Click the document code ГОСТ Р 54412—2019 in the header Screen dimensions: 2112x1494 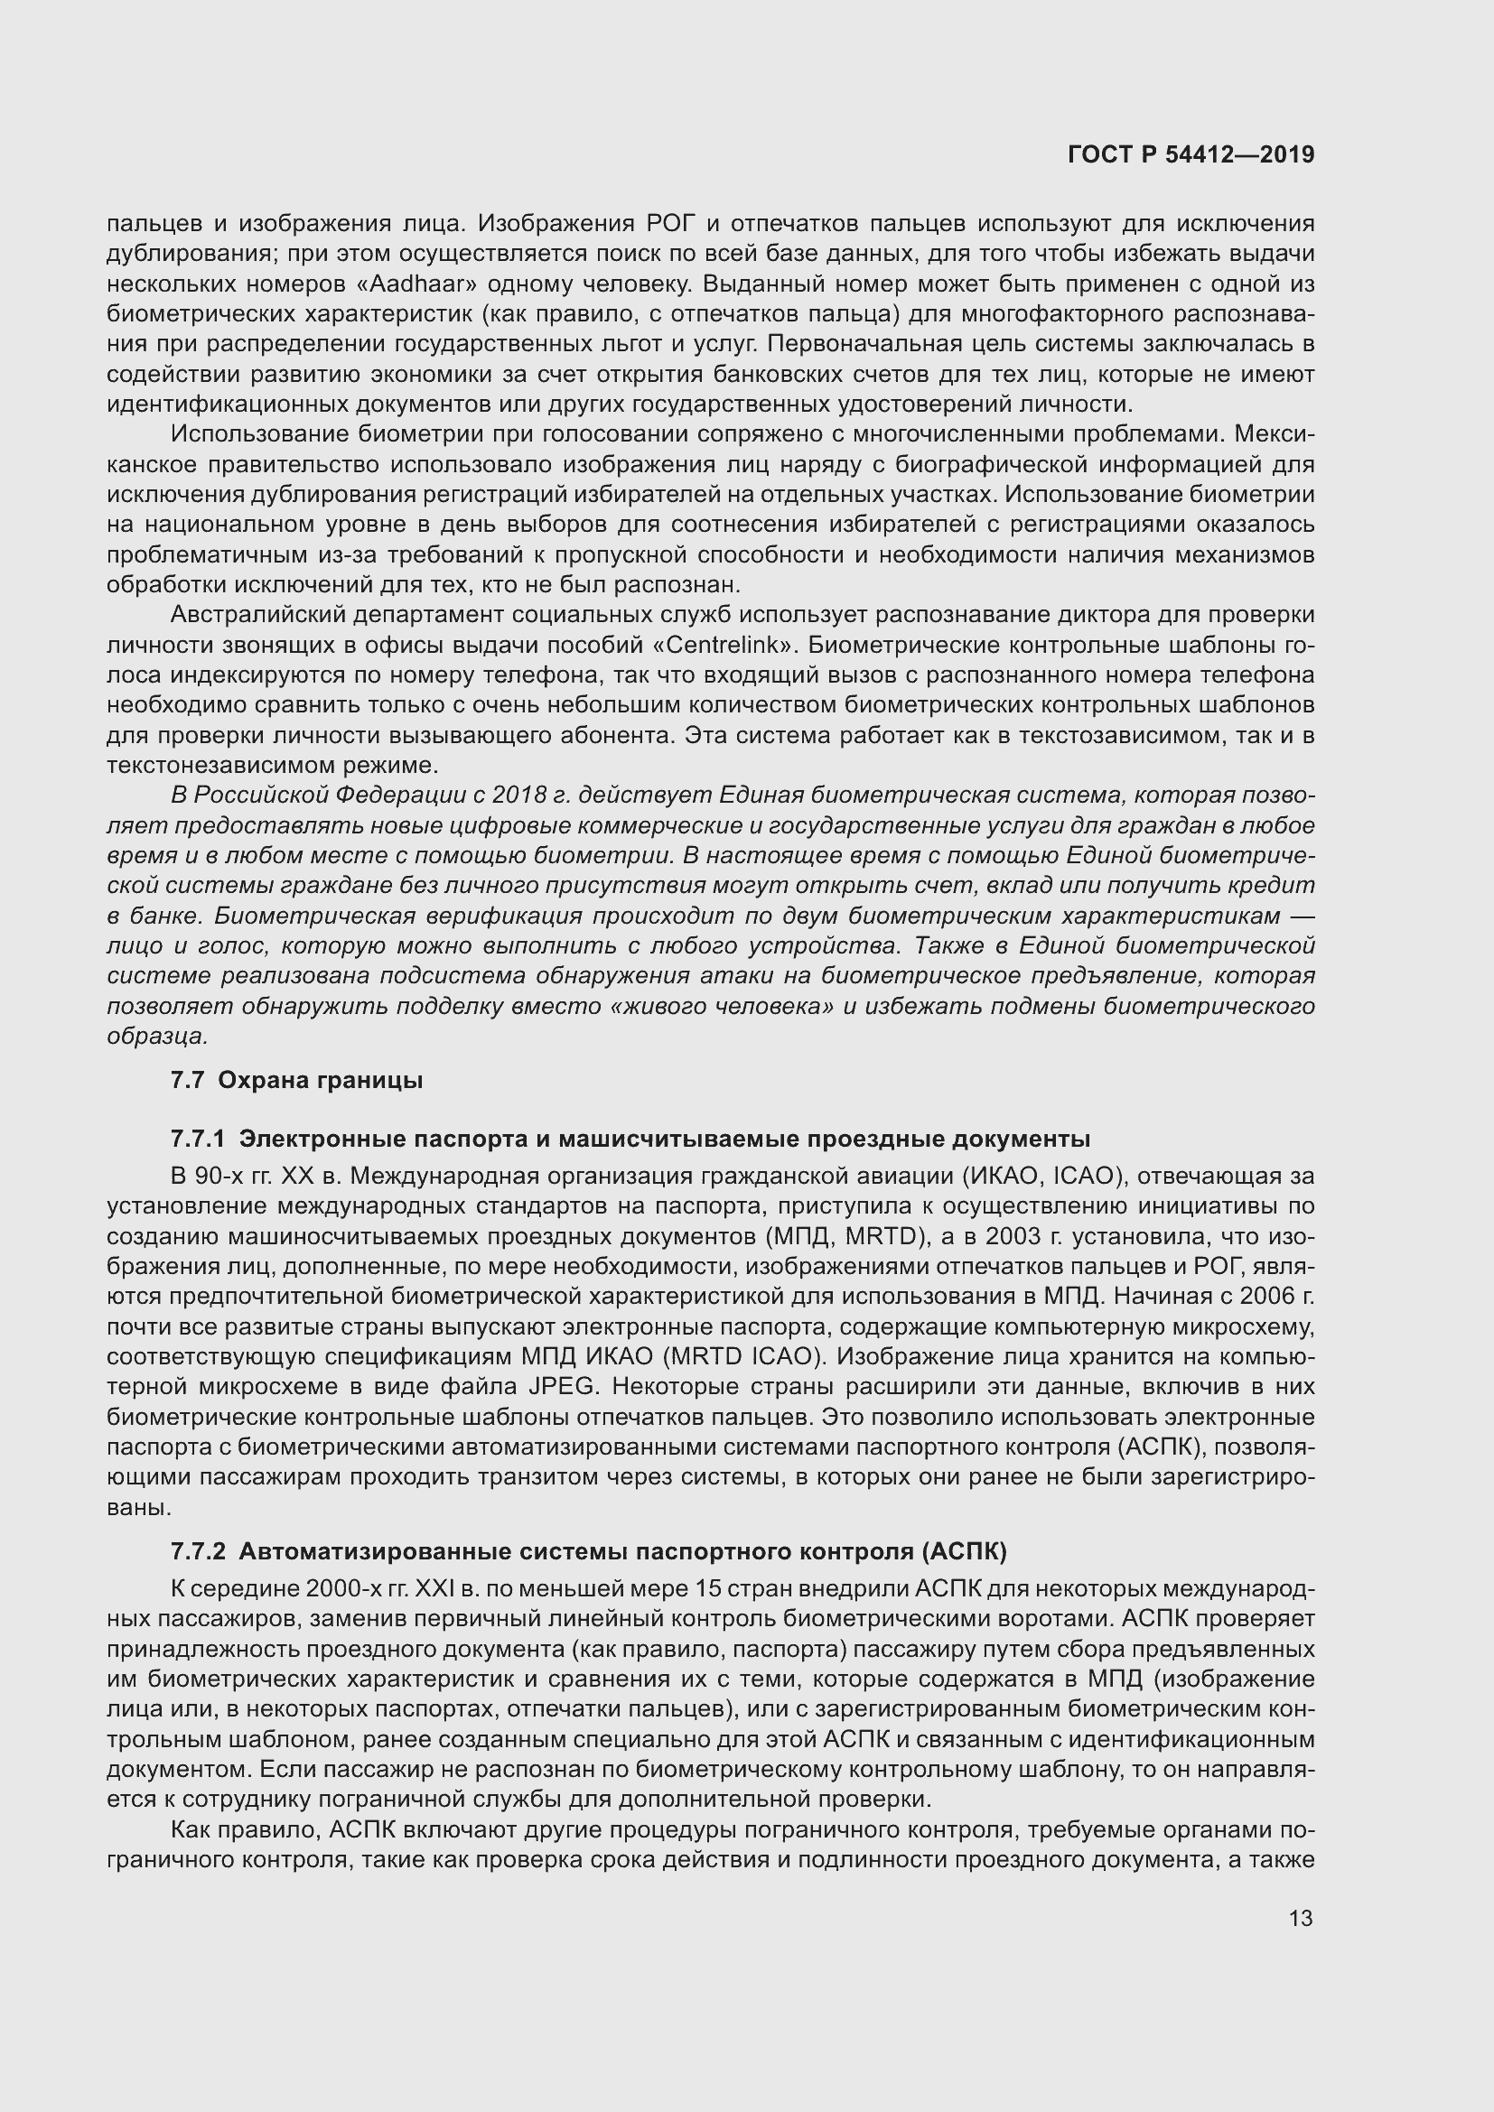click(x=1191, y=155)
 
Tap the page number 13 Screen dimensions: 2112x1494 click(x=1301, y=1918)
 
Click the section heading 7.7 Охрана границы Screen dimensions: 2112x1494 click(x=296, y=1080)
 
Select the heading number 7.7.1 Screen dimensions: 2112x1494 click(x=198, y=1139)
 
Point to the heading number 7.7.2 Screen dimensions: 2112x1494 click(x=198, y=1552)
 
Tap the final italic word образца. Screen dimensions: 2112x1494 click(x=157, y=1036)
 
